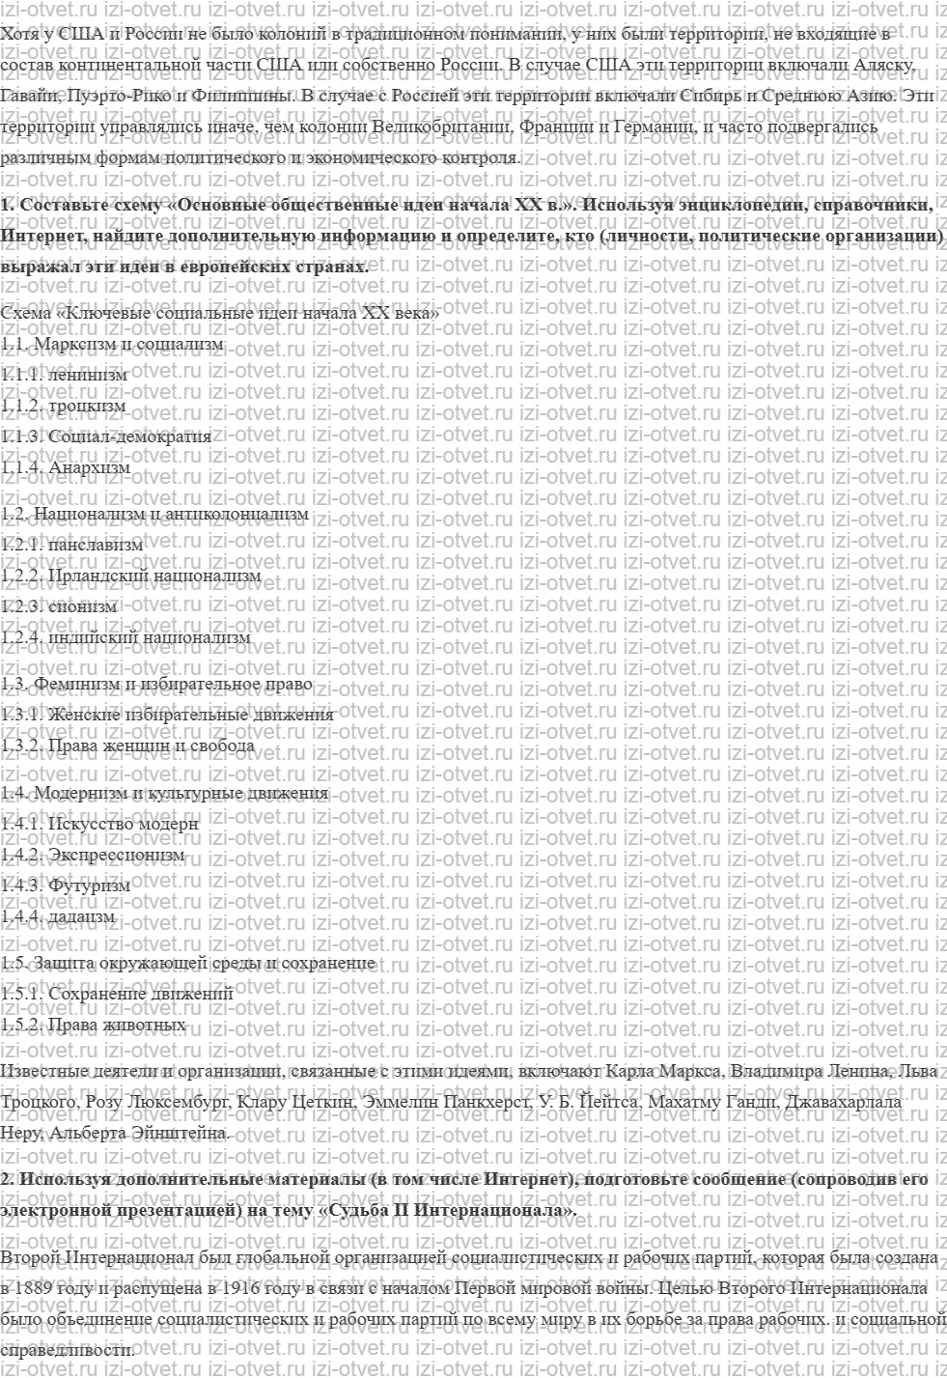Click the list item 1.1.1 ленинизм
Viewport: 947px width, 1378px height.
[x=64, y=375]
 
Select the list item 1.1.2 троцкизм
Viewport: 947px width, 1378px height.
[x=64, y=406]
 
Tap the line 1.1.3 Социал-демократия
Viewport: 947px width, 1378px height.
[x=105, y=436]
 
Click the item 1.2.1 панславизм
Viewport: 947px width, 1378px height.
[x=71, y=545]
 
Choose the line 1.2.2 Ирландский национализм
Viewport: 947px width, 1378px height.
[x=130, y=576]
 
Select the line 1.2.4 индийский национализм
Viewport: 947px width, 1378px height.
[x=125, y=637]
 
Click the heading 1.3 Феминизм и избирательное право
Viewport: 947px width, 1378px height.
[x=156, y=684]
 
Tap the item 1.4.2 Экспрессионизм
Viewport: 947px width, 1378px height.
[x=92, y=855]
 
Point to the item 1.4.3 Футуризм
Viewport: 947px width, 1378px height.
[x=65, y=886]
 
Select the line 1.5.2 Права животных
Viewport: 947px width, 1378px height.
[x=93, y=1025]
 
